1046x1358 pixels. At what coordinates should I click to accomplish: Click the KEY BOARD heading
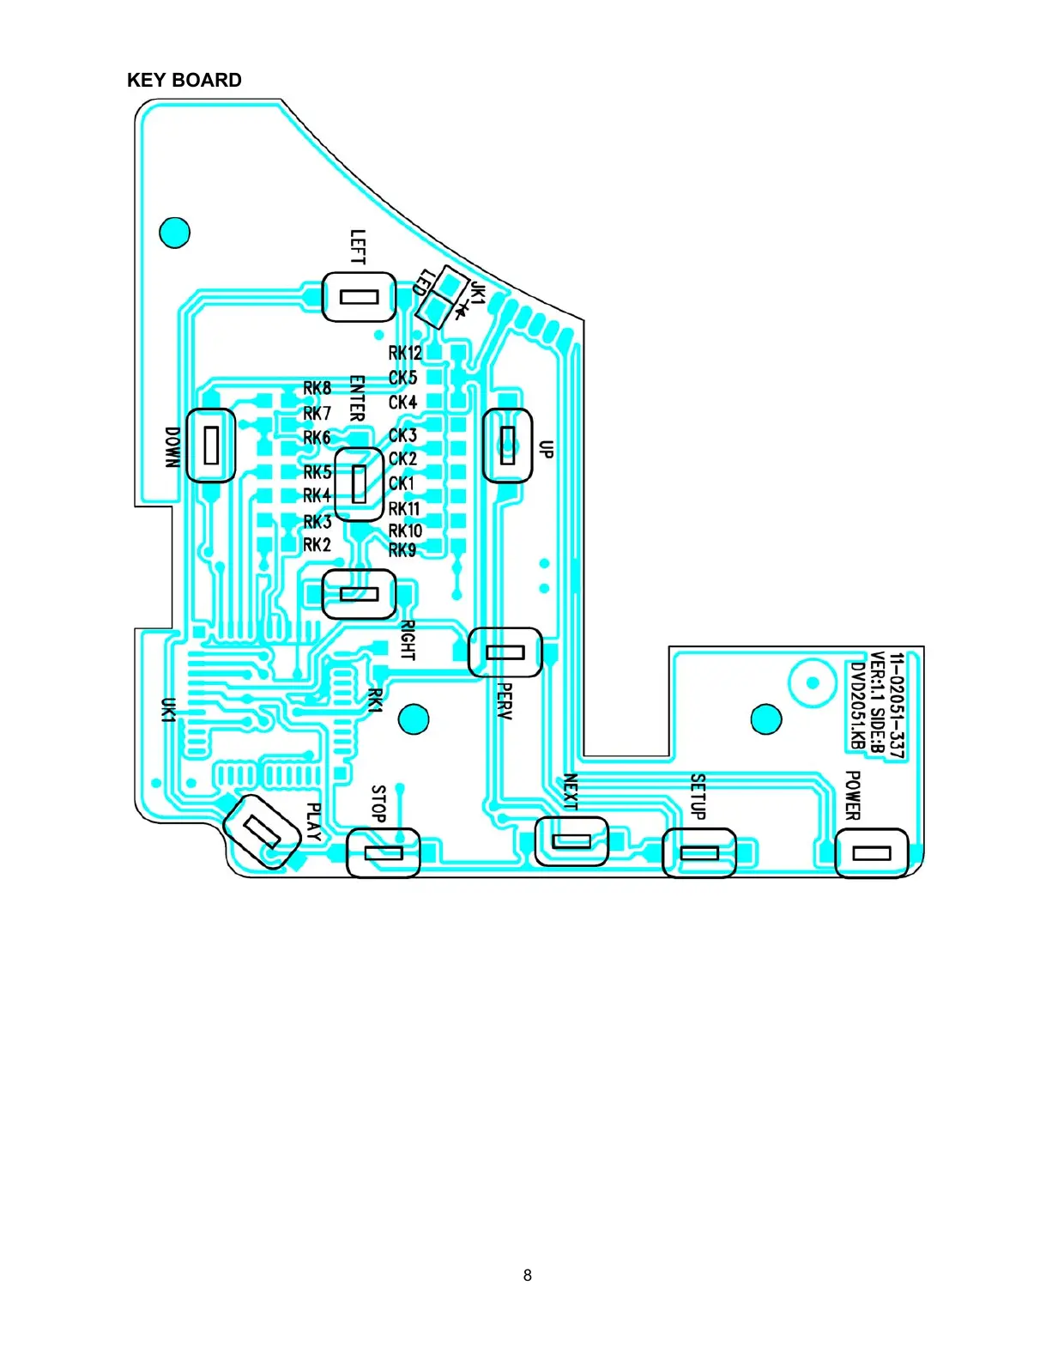[x=184, y=80]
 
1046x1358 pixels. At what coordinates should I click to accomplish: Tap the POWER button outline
[x=871, y=853]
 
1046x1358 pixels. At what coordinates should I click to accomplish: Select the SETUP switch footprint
[x=699, y=853]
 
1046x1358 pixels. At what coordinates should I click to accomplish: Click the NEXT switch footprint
[x=571, y=841]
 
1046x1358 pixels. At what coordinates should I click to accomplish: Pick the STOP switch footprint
[x=383, y=853]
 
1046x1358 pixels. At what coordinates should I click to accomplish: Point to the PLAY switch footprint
[x=262, y=831]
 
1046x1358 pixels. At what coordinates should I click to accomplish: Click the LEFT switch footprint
[x=359, y=297]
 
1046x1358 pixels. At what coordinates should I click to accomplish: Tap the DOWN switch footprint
[x=210, y=445]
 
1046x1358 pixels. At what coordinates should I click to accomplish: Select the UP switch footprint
[x=507, y=445]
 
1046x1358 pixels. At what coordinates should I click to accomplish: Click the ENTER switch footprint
[x=359, y=484]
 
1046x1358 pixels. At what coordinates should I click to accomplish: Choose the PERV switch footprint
[x=505, y=652]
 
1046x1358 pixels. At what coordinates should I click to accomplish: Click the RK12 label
[x=405, y=353]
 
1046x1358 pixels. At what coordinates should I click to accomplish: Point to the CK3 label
[x=402, y=435]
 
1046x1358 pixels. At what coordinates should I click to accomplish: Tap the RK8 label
[x=317, y=389]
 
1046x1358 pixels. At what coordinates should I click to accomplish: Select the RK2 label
[x=317, y=545]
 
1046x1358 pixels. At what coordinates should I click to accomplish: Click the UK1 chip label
[x=169, y=710]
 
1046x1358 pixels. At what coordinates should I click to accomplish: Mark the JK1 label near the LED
[x=478, y=294]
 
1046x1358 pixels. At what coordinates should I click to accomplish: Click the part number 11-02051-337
[x=896, y=706]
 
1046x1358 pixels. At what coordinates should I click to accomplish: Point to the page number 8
[x=527, y=1276]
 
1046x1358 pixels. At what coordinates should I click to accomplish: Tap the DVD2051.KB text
[x=856, y=706]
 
